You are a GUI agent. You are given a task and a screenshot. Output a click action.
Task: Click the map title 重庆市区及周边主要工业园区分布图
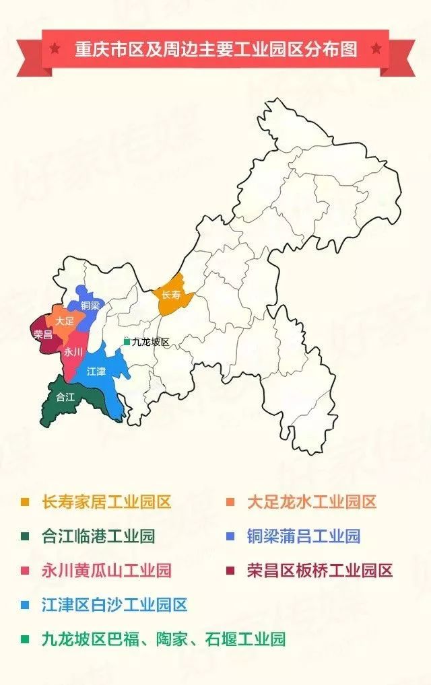215,48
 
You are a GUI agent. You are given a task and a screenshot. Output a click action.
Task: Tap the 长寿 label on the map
170,295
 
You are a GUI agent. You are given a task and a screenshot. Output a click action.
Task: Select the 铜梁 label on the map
90,305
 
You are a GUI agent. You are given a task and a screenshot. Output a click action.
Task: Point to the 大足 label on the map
65,321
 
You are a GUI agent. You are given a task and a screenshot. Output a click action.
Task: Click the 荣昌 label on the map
43,334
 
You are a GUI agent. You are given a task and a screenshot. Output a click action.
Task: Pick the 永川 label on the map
73,352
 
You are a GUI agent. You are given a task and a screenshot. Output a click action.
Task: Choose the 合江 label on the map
65,397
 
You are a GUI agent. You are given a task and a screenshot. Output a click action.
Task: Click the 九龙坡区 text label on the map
150,342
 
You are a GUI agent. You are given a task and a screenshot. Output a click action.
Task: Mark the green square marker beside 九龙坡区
126,342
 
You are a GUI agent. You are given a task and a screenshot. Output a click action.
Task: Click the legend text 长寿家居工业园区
106,501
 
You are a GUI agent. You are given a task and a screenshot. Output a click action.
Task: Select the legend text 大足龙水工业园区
312,501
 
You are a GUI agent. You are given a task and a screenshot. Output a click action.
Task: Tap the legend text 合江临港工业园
98,536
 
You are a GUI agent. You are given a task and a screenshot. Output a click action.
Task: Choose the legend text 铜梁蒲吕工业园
304,536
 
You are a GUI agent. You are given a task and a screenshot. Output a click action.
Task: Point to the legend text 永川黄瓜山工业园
106,571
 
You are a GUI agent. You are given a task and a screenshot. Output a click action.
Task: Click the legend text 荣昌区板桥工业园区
320,571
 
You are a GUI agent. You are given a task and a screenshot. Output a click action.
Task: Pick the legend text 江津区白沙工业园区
114,605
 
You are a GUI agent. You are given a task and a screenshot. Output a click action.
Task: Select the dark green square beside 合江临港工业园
26,537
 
